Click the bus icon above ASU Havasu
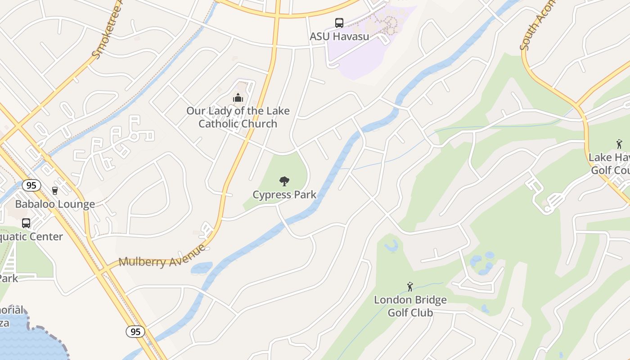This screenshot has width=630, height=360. coord(339,23)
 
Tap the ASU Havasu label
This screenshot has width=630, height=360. coord(339,36)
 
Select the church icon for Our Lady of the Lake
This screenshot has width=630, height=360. coord(238,97)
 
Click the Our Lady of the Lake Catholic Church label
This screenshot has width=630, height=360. coord(238,117)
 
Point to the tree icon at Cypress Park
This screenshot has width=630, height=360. coord(284,181)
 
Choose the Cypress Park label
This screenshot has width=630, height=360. coord(284,195)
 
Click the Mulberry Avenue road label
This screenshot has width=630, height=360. coord(162,256)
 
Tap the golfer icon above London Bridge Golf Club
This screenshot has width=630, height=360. coord(410,287)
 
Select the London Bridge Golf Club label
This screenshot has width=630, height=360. coord(410,306)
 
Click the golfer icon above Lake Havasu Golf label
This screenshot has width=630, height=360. coord(619,144)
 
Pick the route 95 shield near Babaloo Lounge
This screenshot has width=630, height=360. coord(31,185)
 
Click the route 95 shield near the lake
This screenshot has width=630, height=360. coord(135,332)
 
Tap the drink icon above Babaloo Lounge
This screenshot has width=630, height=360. coord(55,191)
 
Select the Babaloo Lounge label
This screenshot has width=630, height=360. coord(55,204)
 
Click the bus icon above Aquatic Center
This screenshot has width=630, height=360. coord(26,223)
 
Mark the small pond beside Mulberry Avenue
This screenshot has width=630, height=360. coord(201,268)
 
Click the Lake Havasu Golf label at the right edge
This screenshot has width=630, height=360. coord(610,164)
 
